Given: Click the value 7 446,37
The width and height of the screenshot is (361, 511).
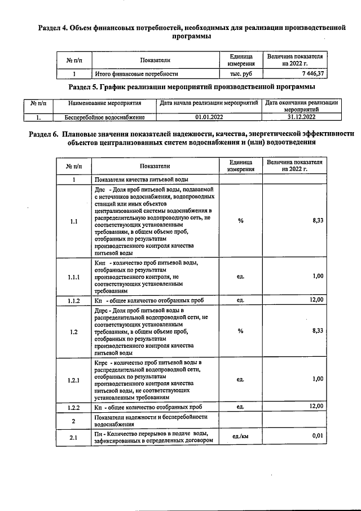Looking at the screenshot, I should click(312, 73).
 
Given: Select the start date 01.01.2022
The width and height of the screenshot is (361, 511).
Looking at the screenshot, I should click(209, 117).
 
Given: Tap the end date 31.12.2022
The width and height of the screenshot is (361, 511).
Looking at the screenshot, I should click(301, 117).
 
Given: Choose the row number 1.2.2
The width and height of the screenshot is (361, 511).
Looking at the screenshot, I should click(74, 407).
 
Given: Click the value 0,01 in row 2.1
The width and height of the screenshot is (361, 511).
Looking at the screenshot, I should click(317, 436).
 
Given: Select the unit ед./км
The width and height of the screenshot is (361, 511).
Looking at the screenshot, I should click(241, 436).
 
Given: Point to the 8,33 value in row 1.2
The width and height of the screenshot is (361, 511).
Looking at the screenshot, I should click(317, 331).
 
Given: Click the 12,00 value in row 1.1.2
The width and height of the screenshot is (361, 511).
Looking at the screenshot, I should click(316, 300).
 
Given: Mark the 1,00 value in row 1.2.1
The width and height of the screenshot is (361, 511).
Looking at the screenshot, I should click(317, 379).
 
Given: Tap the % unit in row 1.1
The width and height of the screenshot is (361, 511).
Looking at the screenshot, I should click(241, 221).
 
